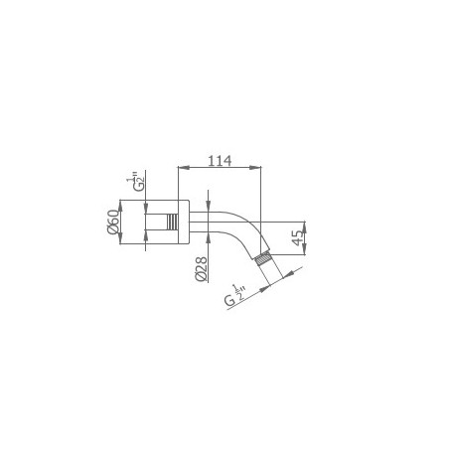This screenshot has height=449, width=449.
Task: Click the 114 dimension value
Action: tap(220, 161)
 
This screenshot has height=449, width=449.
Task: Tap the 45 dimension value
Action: tap(298, 237)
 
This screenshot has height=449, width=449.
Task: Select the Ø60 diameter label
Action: tap(113, 222)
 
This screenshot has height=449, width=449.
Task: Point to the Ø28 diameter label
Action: tap(201, 269)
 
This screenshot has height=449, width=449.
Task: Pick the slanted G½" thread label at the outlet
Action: tap(235, 296)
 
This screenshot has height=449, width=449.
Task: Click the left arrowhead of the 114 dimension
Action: tap(184, 168)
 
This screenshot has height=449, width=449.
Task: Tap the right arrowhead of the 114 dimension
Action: tap(255, 168)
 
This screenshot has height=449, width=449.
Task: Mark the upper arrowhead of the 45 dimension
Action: tap(305, 226)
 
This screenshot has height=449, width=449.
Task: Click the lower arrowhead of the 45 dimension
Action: tap(305, 249)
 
